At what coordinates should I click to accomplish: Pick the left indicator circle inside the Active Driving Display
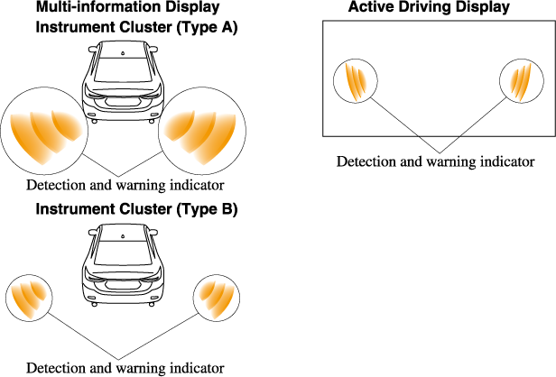coord(356,81)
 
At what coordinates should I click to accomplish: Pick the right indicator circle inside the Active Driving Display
coord(522,81)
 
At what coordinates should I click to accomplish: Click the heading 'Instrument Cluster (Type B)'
coord(136,209)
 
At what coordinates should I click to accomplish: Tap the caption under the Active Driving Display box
coord(436,161)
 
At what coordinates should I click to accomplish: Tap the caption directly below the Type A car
coord(125,185)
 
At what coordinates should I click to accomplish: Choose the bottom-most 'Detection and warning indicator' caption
coord(125,367)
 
